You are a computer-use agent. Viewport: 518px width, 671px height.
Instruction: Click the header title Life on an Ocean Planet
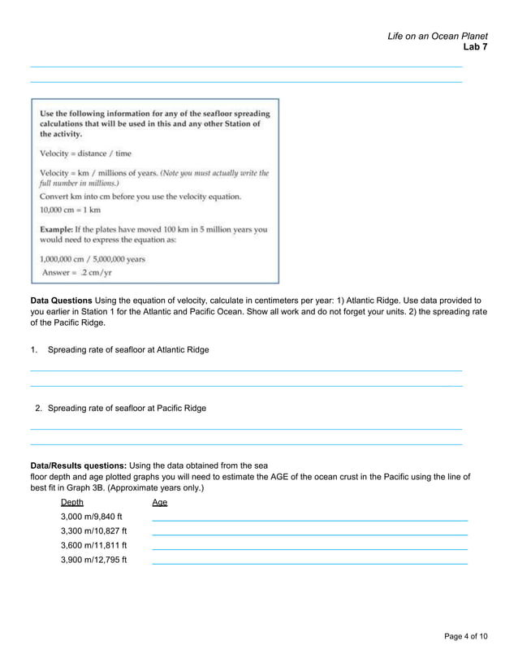pos(437,36)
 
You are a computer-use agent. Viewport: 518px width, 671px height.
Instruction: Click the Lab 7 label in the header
pos(474,47)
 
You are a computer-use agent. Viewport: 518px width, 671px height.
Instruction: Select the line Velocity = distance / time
pos(85,154)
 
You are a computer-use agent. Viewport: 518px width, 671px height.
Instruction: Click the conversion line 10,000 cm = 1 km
pos(71,210)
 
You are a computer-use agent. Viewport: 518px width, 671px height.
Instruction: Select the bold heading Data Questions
pos(61,301)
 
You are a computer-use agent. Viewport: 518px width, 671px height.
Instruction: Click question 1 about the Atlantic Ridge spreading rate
pos(127,350)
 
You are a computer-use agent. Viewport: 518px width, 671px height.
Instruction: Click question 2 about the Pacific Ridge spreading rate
pos(126,409)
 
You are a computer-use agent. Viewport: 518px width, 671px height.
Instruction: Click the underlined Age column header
pos(160,503)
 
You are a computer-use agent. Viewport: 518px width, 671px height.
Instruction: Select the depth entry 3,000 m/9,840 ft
pos(91,517)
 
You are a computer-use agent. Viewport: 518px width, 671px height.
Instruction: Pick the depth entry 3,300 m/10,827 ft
pos(93,531)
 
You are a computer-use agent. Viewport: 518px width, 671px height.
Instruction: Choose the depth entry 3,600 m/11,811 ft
pos(93,545)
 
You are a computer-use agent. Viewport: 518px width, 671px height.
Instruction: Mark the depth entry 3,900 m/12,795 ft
pos(93,560)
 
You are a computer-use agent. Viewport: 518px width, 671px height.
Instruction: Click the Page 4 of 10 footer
pos(466,636)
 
